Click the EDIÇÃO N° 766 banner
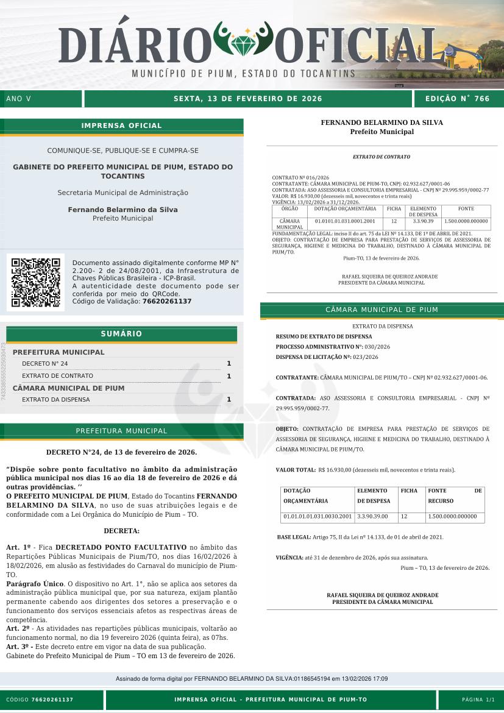point(457,99)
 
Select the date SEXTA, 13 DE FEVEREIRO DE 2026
point(247,99)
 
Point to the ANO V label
point(18,99)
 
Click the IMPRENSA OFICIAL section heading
point(122,126)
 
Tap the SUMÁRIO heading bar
point(121,334)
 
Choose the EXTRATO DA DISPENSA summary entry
point(56,400)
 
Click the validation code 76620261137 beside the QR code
point(166,301)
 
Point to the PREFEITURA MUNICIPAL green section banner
point(121,431)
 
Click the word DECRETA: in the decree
point(121,531)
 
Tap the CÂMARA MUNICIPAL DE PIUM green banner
point(382,310)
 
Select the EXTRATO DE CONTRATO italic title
point(382,157)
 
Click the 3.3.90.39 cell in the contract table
point(423,220)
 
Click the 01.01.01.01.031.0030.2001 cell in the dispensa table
point(318,517)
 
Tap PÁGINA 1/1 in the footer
point(478,700)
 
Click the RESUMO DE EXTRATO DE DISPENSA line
point(324,336)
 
